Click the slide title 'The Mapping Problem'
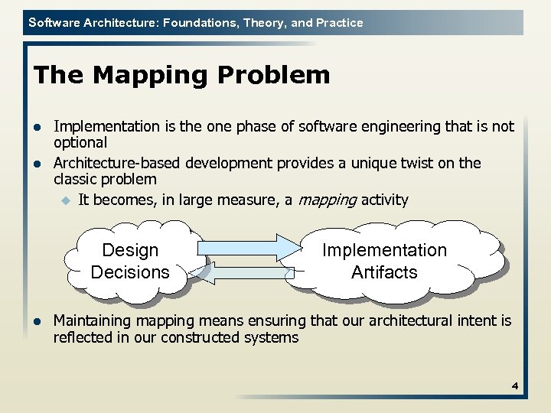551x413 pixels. coord(182,75)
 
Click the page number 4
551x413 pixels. coord(515,386)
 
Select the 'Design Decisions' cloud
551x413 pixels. coord(130,261)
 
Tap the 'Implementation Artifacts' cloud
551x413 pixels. coord(384,261)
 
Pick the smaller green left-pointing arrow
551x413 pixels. coord(249,272)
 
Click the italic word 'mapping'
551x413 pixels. coord(327,200)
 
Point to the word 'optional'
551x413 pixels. coord(80,143)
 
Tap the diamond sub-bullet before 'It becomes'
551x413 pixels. coord(65,200)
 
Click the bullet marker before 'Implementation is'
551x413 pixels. coord(38,127)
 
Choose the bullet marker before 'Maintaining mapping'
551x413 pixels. coord(38,321)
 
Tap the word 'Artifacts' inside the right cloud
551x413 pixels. coord(384,272)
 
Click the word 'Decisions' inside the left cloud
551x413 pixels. coord(130,272)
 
